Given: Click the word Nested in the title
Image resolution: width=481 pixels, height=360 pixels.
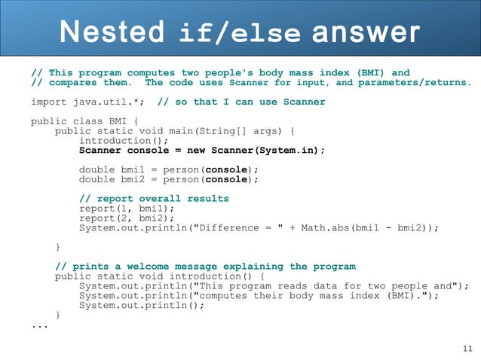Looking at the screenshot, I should coord(112,32).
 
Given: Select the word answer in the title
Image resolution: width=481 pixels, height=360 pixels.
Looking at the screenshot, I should coord(364,32).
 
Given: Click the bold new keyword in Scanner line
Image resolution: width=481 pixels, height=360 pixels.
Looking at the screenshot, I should coord(196,150).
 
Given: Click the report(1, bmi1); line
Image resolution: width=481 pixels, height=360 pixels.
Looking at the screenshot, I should coord(127,209).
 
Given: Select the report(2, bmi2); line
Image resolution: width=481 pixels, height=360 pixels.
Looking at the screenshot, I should coord(127,218).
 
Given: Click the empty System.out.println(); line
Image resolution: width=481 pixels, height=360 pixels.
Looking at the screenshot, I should coord(142,306).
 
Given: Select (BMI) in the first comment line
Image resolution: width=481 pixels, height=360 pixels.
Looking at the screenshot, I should coord(375,73).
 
